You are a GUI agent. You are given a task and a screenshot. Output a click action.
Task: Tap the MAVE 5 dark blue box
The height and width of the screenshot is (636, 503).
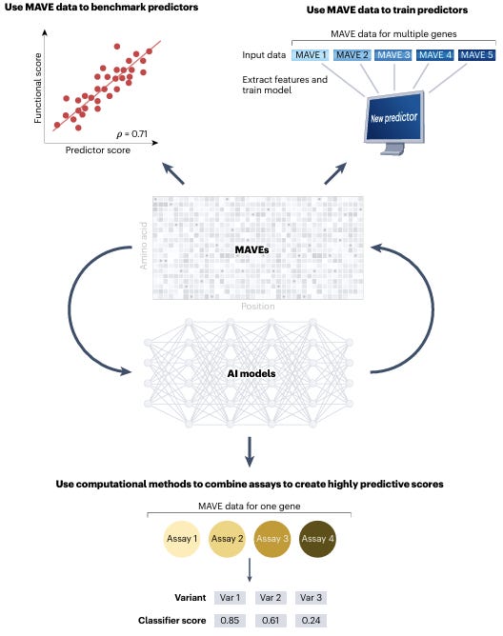(x=476, y=54)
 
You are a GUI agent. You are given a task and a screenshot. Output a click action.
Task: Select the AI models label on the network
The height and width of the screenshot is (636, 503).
(x=251, y=373)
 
